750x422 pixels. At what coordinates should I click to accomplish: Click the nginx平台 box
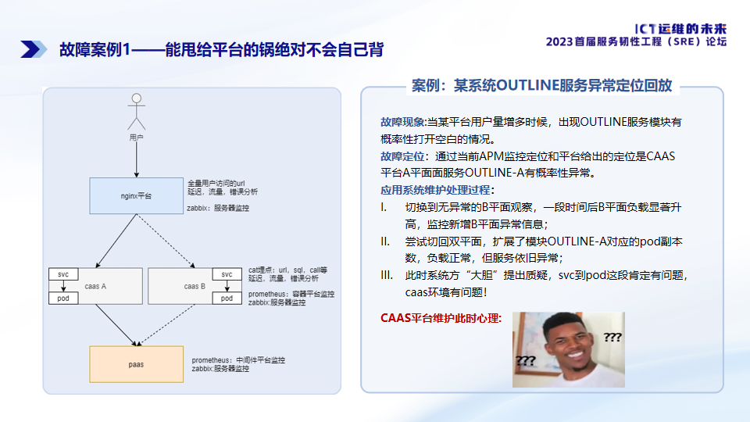tap(137, 195)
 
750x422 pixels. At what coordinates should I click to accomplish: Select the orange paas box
tap(137, 364)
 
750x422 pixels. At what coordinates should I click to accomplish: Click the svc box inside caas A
tap(62, 274)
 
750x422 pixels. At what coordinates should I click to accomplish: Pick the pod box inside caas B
tap(227, 299)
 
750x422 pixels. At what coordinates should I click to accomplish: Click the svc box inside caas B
tap(227, 274)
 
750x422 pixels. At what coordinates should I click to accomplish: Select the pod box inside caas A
tap(62, 299)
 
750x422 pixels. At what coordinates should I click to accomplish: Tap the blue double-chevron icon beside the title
tap(30, 49)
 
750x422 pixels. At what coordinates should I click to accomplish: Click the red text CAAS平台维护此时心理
tap(441, 319)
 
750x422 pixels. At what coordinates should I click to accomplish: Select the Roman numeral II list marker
tap(385, 241)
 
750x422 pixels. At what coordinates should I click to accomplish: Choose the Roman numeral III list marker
tap(386, 275)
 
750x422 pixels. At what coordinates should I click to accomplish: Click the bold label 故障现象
tap(402, 122)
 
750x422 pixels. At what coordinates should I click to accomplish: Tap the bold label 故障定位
tap(402, 156)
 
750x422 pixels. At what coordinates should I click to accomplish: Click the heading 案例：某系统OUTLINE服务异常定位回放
tap(541, 86)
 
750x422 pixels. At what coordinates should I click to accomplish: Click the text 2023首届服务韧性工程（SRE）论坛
tap(637, 41)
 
